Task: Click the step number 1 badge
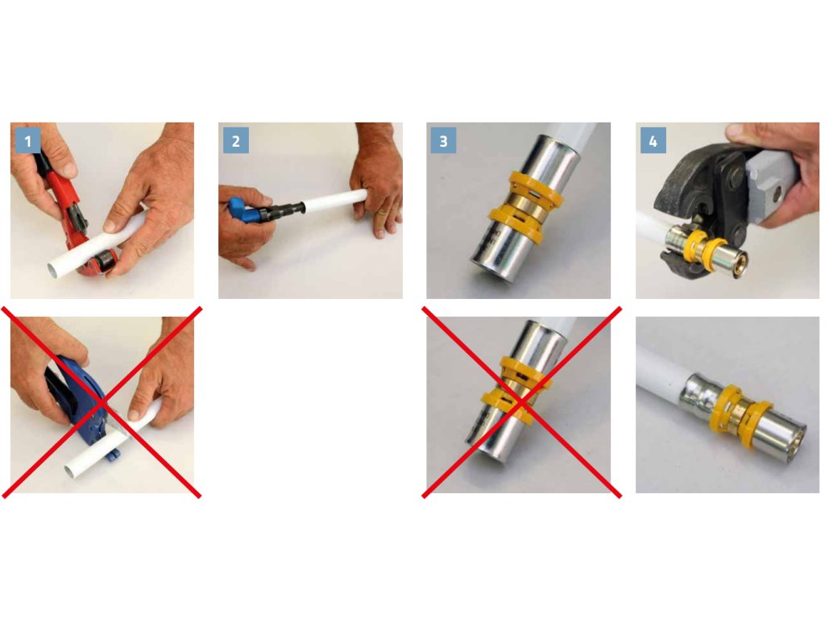coord(28,140)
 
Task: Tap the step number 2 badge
coord(236,140)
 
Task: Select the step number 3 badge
coord(444,140)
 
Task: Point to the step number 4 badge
coord(653,140)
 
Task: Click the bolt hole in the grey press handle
coord(776,196)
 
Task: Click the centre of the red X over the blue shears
coord(102,402)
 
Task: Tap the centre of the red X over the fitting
coord(521,402)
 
